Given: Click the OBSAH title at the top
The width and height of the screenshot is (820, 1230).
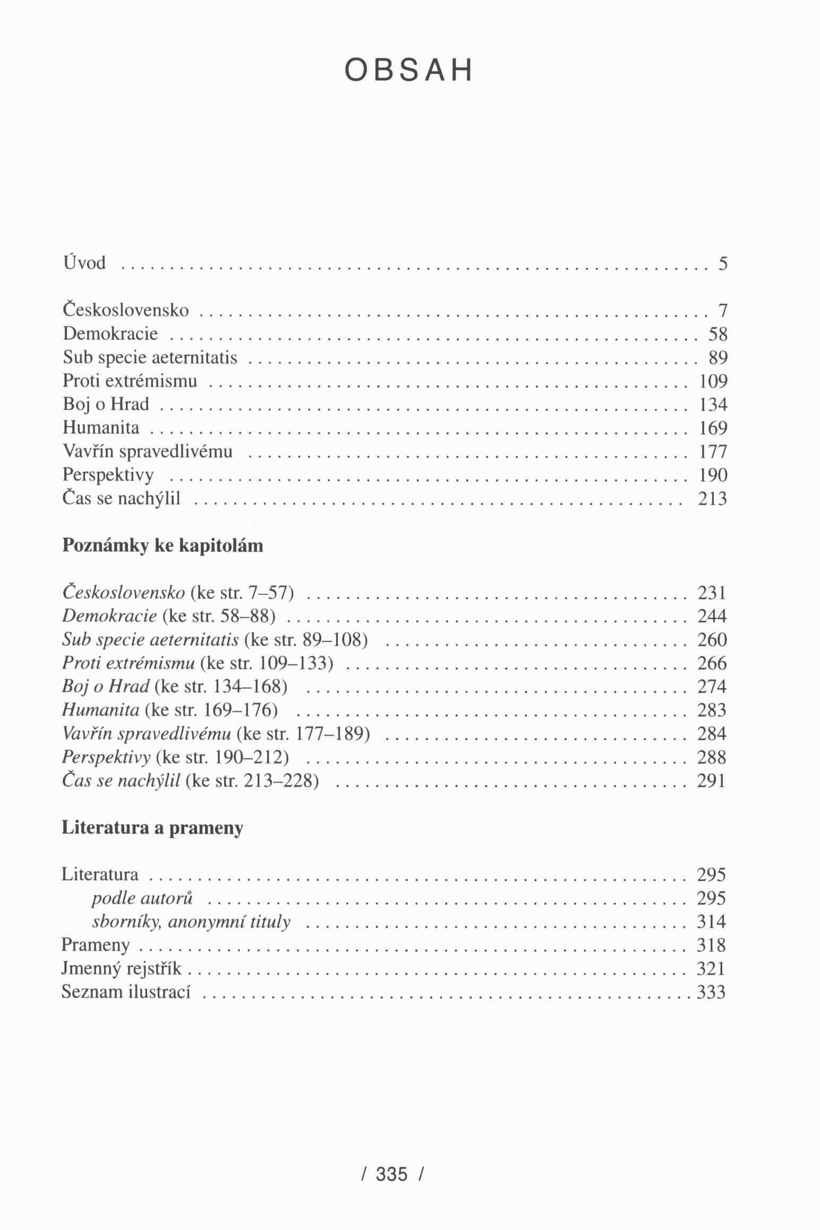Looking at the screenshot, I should click(x=408, y=71).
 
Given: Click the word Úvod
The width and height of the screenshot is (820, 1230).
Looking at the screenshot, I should click(x=84, y=263).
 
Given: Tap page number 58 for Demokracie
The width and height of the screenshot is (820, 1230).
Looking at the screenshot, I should click(x=717, y=334).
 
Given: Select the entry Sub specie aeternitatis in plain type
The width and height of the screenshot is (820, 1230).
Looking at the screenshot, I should click(x=150, y=357).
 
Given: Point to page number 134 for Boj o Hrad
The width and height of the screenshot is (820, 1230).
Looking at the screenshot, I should click(x=713, y=405).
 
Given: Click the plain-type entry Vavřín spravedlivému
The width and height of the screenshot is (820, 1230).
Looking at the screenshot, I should click(x=148, y=451).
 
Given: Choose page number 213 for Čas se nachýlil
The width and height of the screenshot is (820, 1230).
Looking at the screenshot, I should click(x=712, y=499).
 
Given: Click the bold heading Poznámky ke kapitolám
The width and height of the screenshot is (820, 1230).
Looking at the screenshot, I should click(x=163, y=546).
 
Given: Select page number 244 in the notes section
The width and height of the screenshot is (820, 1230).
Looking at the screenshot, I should click(x=712, y=616).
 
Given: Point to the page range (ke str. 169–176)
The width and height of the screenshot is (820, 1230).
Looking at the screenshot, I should click(x=211, y=710).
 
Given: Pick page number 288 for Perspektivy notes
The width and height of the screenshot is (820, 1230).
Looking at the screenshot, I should click(x=712, y=757).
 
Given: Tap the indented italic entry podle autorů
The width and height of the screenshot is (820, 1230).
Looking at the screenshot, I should click(x=142, y=898).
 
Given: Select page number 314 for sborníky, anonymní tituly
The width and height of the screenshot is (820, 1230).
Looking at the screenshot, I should click(x=712, y=921).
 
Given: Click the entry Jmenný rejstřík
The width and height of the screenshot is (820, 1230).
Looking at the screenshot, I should click(x=122, y=968).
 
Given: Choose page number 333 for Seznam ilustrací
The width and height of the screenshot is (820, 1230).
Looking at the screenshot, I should click(x=712, y=992).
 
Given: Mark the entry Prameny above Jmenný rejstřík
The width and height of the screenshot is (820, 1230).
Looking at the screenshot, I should click(x=96, y=945).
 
